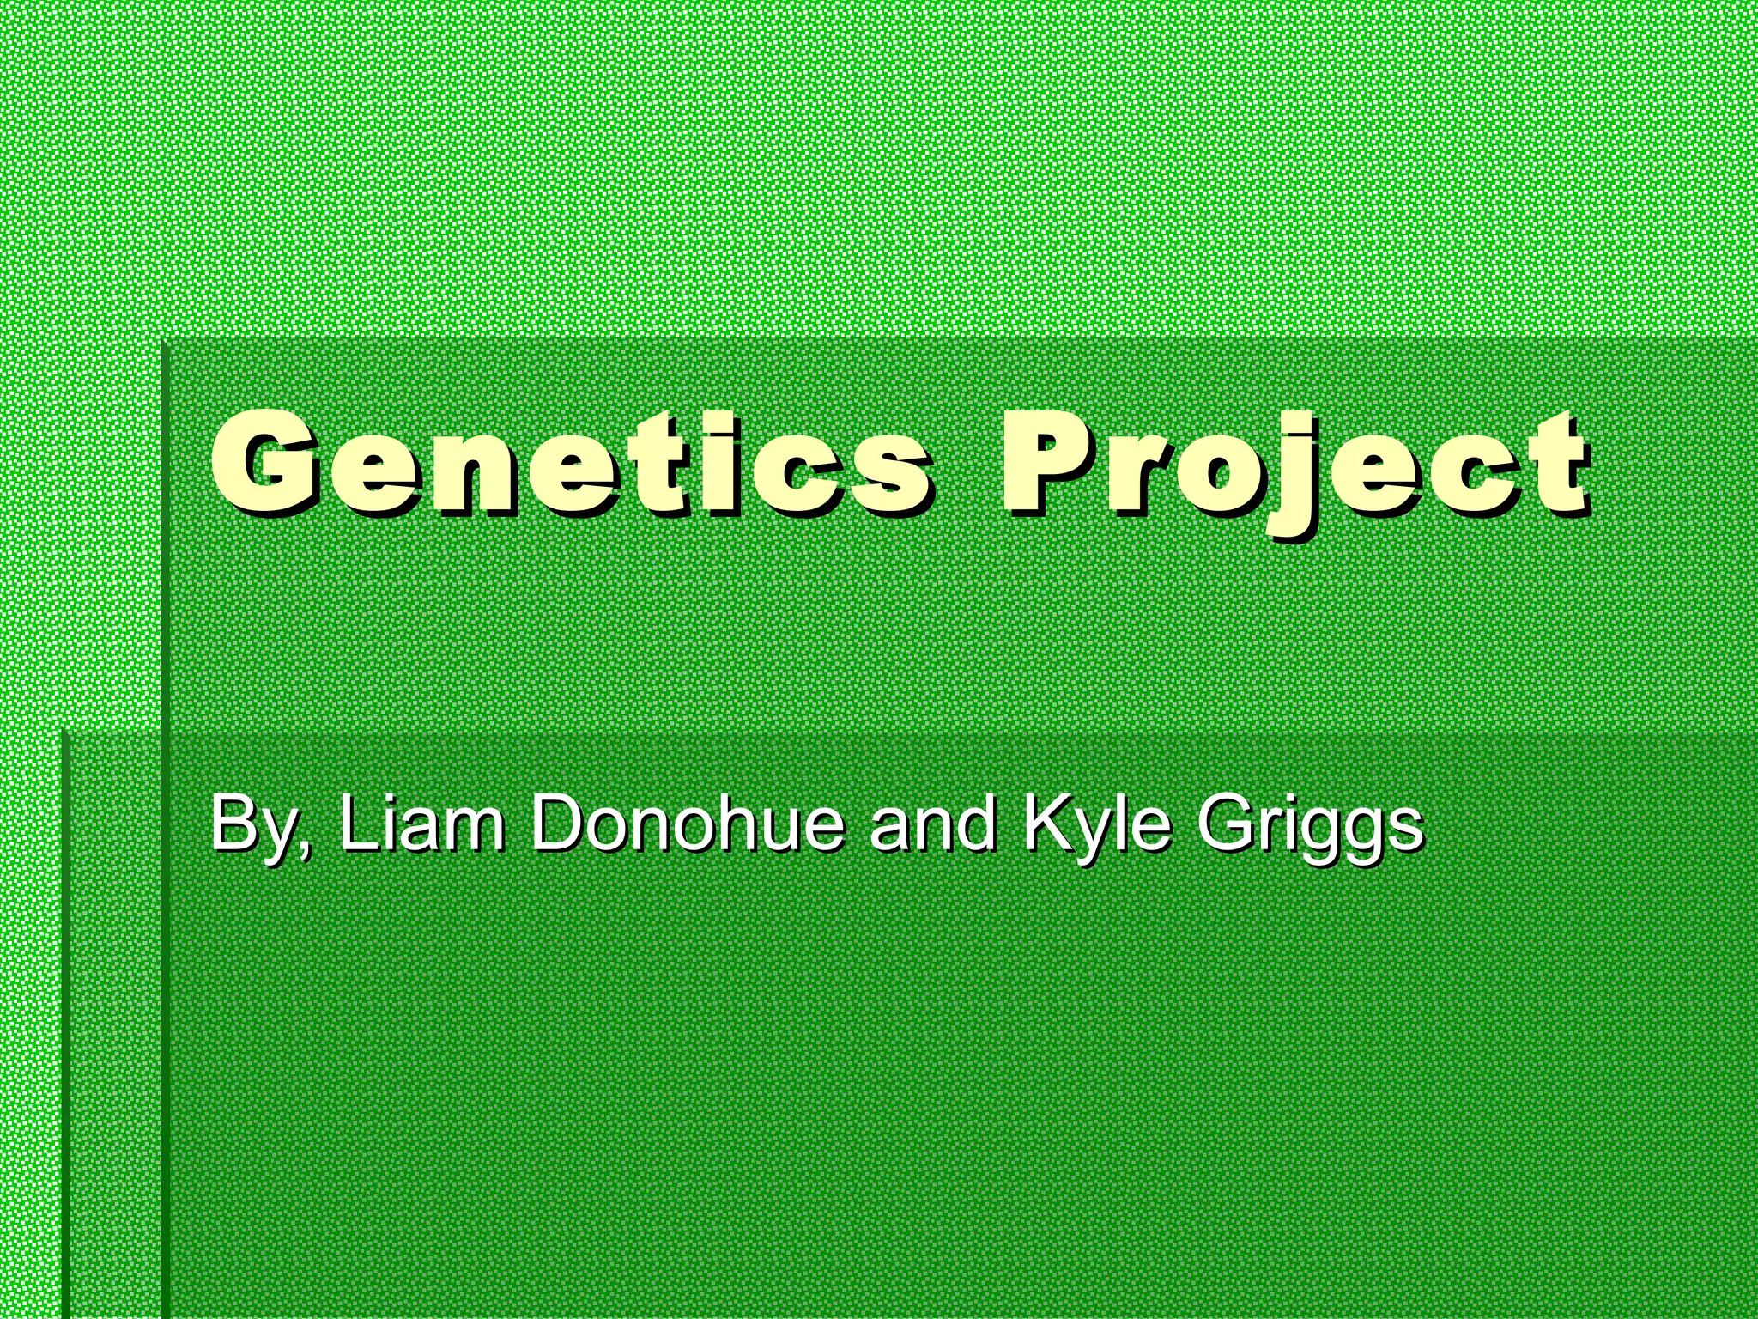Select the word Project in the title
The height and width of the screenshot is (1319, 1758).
pos(1296,468)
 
